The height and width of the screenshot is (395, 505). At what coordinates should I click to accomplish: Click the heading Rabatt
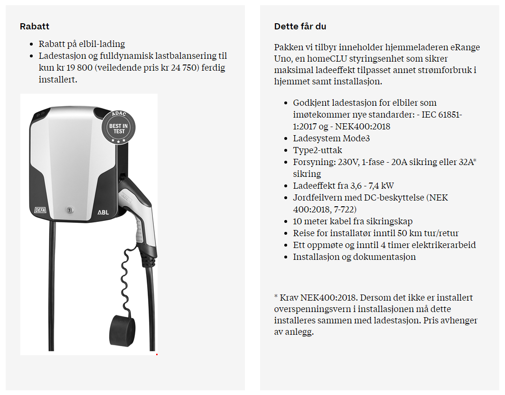pos(35,27)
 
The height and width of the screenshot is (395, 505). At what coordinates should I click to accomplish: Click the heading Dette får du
pos(300,27)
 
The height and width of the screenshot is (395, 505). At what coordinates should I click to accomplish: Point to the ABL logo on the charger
pos(103,212)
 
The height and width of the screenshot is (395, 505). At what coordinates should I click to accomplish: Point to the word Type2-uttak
pos(318,150)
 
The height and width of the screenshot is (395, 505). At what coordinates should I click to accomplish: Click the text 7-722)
pos(338,209)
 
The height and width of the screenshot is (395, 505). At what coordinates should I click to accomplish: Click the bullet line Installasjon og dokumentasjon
pos(354,257)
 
